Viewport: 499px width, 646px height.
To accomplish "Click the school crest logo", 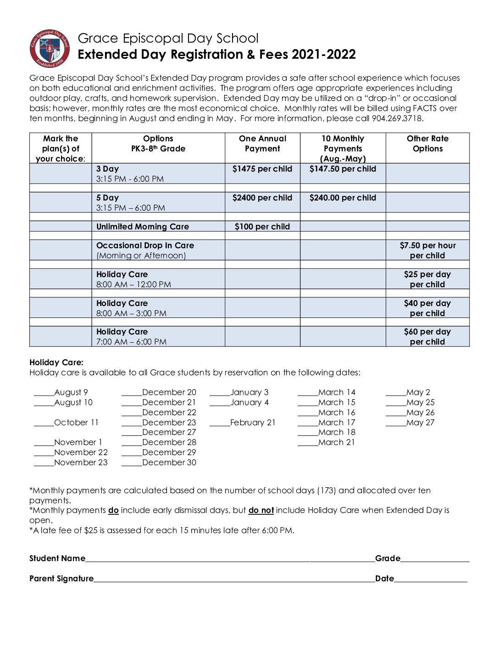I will [x=50, y=49].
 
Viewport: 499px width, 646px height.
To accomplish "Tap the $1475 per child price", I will [x=262, y=169].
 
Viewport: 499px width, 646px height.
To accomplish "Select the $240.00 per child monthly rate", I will [x=343, y=198].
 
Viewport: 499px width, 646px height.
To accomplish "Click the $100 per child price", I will [x=262, y=227].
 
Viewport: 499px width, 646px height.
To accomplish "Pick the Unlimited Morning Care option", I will [x=143, y=227].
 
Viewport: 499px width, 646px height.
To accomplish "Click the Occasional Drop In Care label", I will [x=145, y=245].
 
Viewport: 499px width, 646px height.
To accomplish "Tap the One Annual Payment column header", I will [x=262, y=144].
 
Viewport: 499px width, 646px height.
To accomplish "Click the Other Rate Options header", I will [x=427, y=144].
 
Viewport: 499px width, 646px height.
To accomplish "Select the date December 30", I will [x=169, y=462].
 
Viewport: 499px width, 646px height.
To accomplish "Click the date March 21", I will [x=337, y=442].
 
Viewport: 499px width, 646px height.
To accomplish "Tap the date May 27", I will [x=420, y=423].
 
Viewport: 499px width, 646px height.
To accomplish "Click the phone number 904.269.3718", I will [x=395, y=118].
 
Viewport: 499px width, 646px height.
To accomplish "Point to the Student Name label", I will [x=57, y=558].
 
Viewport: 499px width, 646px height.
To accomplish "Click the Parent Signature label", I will [x=61, y=579].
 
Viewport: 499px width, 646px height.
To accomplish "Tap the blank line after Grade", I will [x=435, y=559].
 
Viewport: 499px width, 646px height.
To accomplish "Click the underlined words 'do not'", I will [x=261, y=510].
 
